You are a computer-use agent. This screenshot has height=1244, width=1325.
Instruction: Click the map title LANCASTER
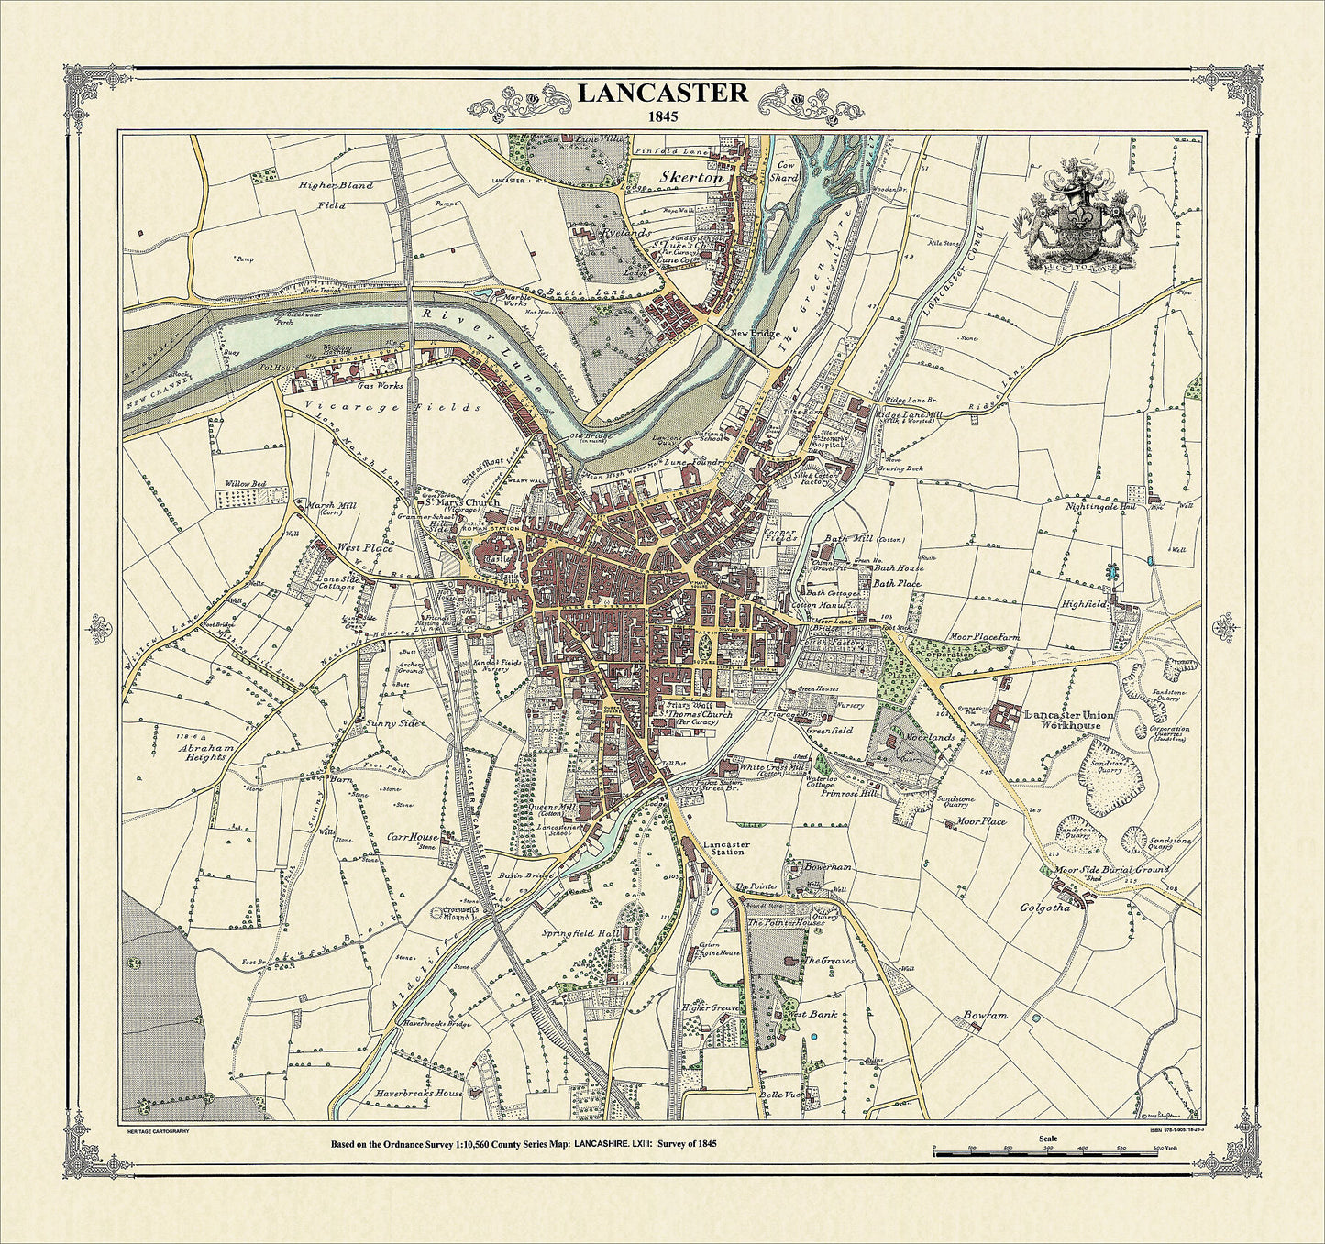[x=662, y=93]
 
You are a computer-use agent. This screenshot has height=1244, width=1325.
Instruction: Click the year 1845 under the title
[x=662, y=117]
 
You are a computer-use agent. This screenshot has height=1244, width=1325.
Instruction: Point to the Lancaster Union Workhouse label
[x=1062, y=720]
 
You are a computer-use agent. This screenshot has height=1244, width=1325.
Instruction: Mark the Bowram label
[x=985, y=1016]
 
